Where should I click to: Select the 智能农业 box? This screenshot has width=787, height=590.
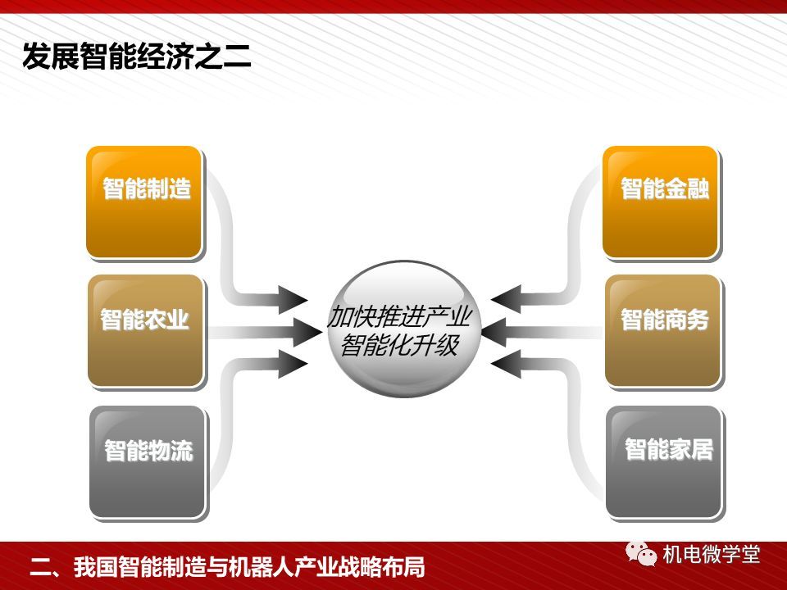(x=146, y=330)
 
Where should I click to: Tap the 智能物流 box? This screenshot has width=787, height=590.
(x=148, y=461)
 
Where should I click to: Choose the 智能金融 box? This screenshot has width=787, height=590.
(x=661, y=202)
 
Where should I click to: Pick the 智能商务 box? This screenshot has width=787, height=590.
(x=662, y=330)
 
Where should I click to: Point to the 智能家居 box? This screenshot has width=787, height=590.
(x=665, y=461)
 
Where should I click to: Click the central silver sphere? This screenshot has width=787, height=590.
(x=404, y=329)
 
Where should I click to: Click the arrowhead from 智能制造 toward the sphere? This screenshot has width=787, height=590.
(x=293, y=300)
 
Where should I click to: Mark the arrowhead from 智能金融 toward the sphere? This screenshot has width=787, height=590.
(x=506, y=299)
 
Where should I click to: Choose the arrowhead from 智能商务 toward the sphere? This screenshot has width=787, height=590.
(x=497, y=332)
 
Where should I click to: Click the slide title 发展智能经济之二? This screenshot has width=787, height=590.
(x=137, y=57)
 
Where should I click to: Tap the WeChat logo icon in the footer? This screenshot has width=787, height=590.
(x=641, y=554)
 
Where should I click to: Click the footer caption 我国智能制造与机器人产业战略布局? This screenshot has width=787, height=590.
(x=249, y=567)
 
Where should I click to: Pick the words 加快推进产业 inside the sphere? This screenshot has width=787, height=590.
(x=400, y=316)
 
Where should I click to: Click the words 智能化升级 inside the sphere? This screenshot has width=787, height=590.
(x=400, y=345)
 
